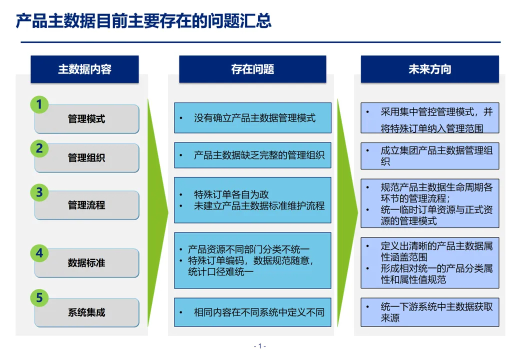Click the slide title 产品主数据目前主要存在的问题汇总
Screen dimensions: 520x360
click(x=143, y=20)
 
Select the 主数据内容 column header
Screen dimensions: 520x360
click(x=84, y=69)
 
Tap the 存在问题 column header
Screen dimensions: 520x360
click(x=252, y=69)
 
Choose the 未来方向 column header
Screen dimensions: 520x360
click(x=430, y=69)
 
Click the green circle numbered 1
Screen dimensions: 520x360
click(x=39, y=104)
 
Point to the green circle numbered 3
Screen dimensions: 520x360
click(x=39, y=192)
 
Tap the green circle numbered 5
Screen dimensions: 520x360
click(x=39, y=297)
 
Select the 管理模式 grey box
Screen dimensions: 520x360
click(x=87, y=119)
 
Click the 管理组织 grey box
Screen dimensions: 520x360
click(x=87, y=158)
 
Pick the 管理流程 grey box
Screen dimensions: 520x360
click(x=87, y=205)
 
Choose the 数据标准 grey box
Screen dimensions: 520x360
click(x=87, y=263)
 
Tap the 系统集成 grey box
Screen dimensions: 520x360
click(x=87, y=312)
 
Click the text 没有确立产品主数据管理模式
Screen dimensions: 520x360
click(x=254, y=118)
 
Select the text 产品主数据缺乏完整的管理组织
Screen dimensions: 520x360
click(x=259, y=155)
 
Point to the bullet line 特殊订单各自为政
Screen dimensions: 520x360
click(x=231, y=194)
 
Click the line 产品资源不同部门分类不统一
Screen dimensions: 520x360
click(x=248, y=249)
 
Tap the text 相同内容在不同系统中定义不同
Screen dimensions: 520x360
click(x=259, y=312)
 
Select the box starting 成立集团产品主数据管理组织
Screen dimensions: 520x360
click(x=430, y=156)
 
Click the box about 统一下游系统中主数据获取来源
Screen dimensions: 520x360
click(x=430, y=312)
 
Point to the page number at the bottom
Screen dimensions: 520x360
click(x=259, y=346)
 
